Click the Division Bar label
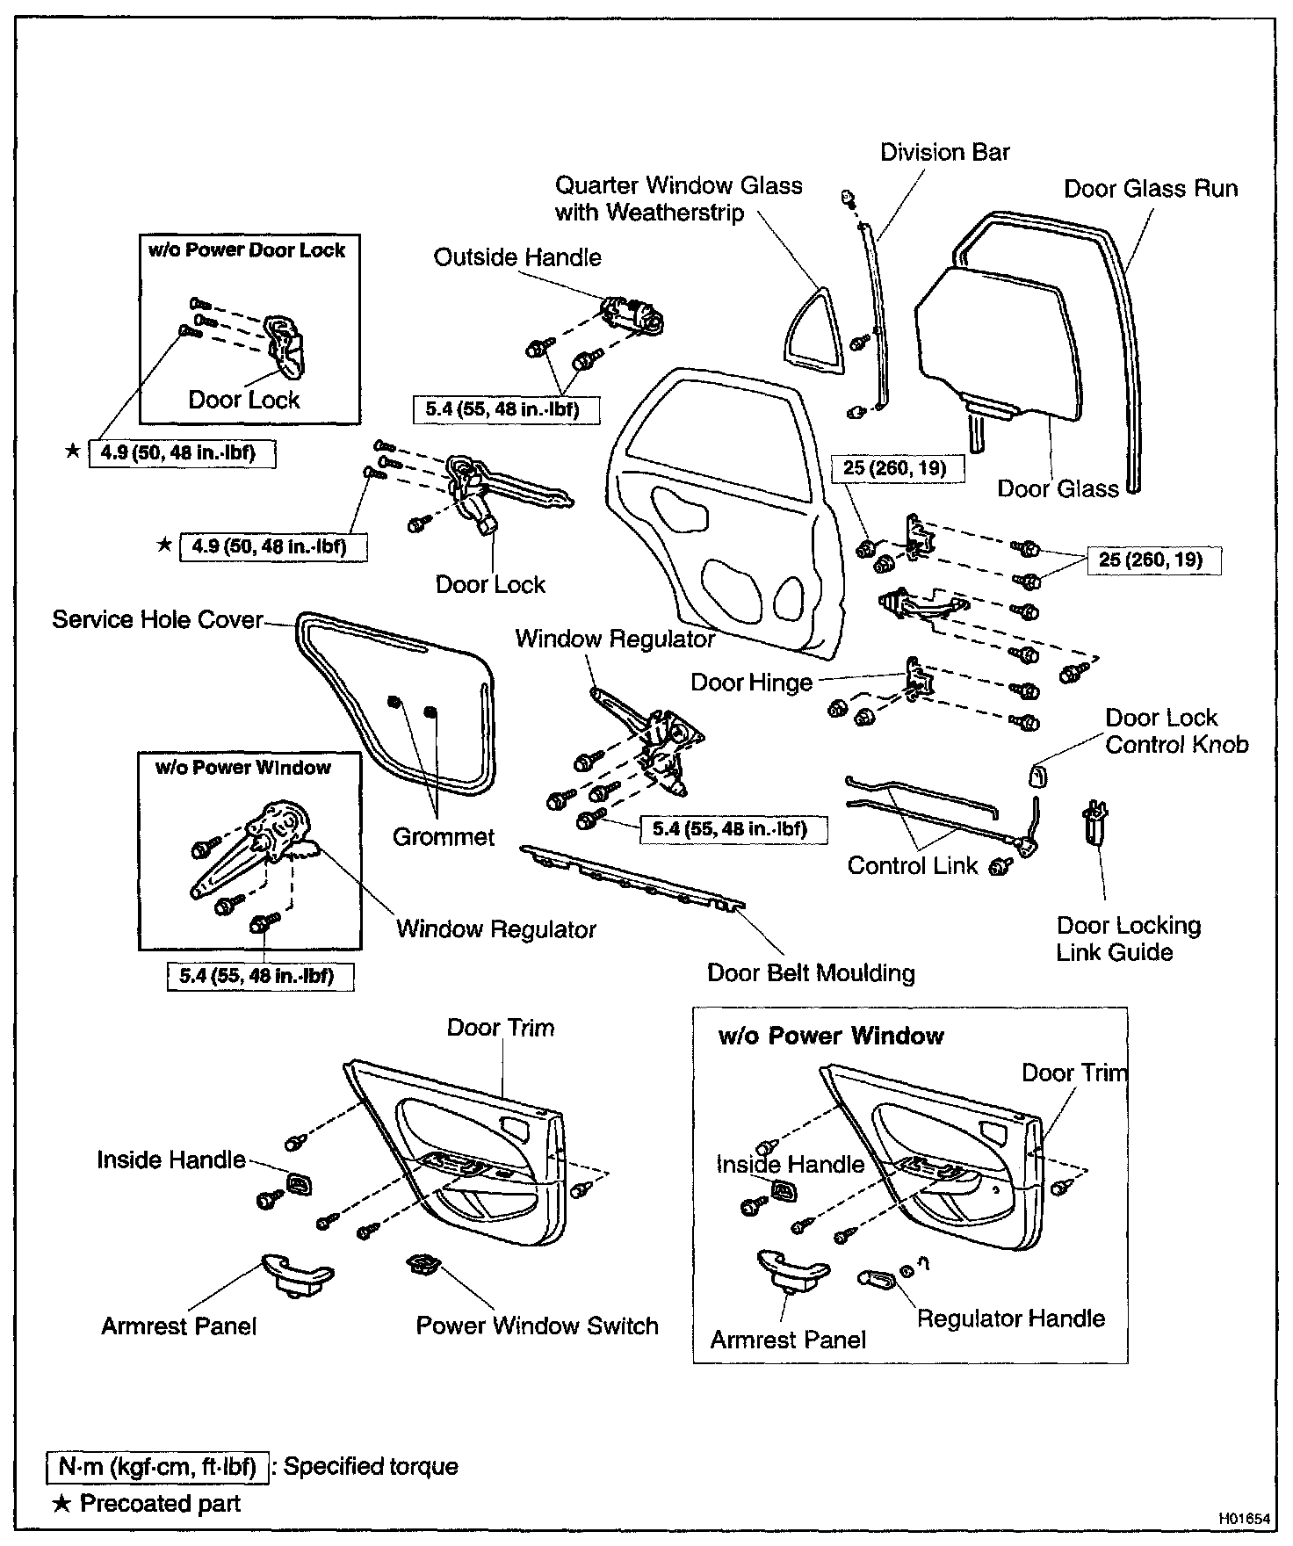(x=945, y=152)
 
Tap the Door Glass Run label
(x=1151, y=189)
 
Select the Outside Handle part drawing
(x=632, y=314)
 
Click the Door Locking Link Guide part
(x=1094, y=822)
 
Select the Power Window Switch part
(x=422, y=1267)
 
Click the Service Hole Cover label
(x=157, y=619)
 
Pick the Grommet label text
(x=444, y=836)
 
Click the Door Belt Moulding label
(x=811, y=972)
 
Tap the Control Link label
(x=913, y=865)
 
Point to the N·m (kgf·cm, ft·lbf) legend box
(x=157, y=1466)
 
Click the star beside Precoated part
(x=61, y=1503)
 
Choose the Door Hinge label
(x=751, y=683)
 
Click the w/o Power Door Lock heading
(x=247, y=250)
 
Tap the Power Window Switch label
(x=537, y=1326)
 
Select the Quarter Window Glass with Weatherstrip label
(x=678, y=199)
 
